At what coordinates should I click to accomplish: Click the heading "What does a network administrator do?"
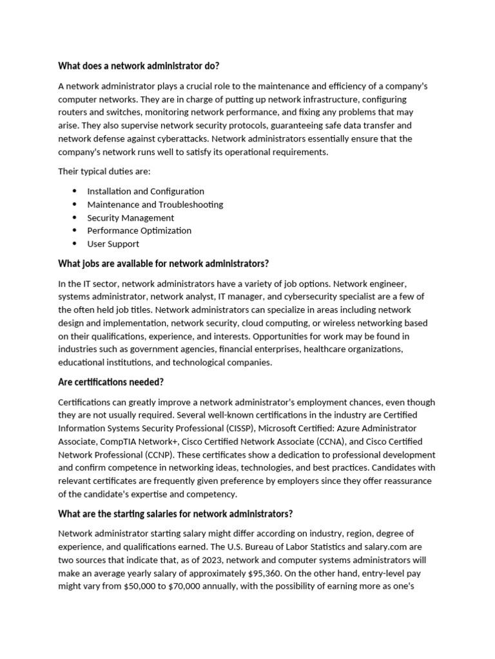pos(139,66)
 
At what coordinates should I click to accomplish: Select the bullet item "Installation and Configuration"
pos(146,191)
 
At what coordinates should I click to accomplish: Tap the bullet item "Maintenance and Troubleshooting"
pos(155,205)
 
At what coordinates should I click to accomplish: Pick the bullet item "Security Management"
pos(130,218)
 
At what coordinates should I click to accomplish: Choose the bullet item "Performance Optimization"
pos(139,230)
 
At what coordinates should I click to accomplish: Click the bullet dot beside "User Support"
pos(75,244)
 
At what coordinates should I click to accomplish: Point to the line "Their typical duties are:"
pos(104,172)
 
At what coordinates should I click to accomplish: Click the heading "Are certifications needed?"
pos(111,382)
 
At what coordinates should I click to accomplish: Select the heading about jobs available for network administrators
pos(163,264)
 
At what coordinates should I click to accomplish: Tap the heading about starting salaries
pos(175,514)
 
